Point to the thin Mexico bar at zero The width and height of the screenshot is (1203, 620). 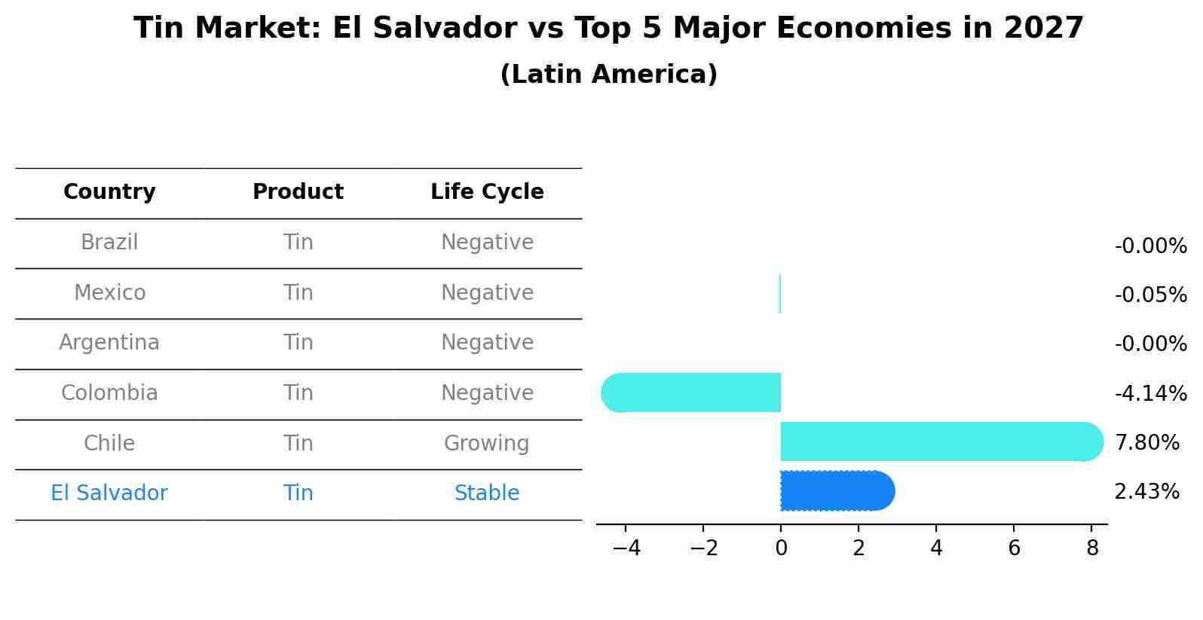(x=780, y=294)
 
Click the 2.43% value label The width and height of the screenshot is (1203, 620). (x=1146, y=492)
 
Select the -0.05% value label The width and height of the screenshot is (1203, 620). (x=1150, y=295)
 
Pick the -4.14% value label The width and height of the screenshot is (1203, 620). (x=1150, y=393)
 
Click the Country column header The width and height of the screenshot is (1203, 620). (x=109, y=192)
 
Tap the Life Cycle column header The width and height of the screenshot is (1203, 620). (x=487, y=192)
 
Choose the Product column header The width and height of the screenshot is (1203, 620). (x=298, y=192)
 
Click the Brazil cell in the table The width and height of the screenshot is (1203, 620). (x=109, y=243)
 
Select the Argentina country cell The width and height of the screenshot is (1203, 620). (x=109, y=343)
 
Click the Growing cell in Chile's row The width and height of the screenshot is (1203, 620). (x=487, y=443)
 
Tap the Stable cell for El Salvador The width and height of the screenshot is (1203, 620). (x=487, y=493)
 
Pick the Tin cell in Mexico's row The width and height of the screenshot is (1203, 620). (x=298, y=292)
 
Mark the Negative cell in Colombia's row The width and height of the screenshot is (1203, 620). (x=487, y=393)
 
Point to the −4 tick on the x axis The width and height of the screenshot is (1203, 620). (x=626, y=548)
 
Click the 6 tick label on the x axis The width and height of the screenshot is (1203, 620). (x=1014, y=548)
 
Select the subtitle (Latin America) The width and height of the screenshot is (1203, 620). (x=608, y=75)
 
